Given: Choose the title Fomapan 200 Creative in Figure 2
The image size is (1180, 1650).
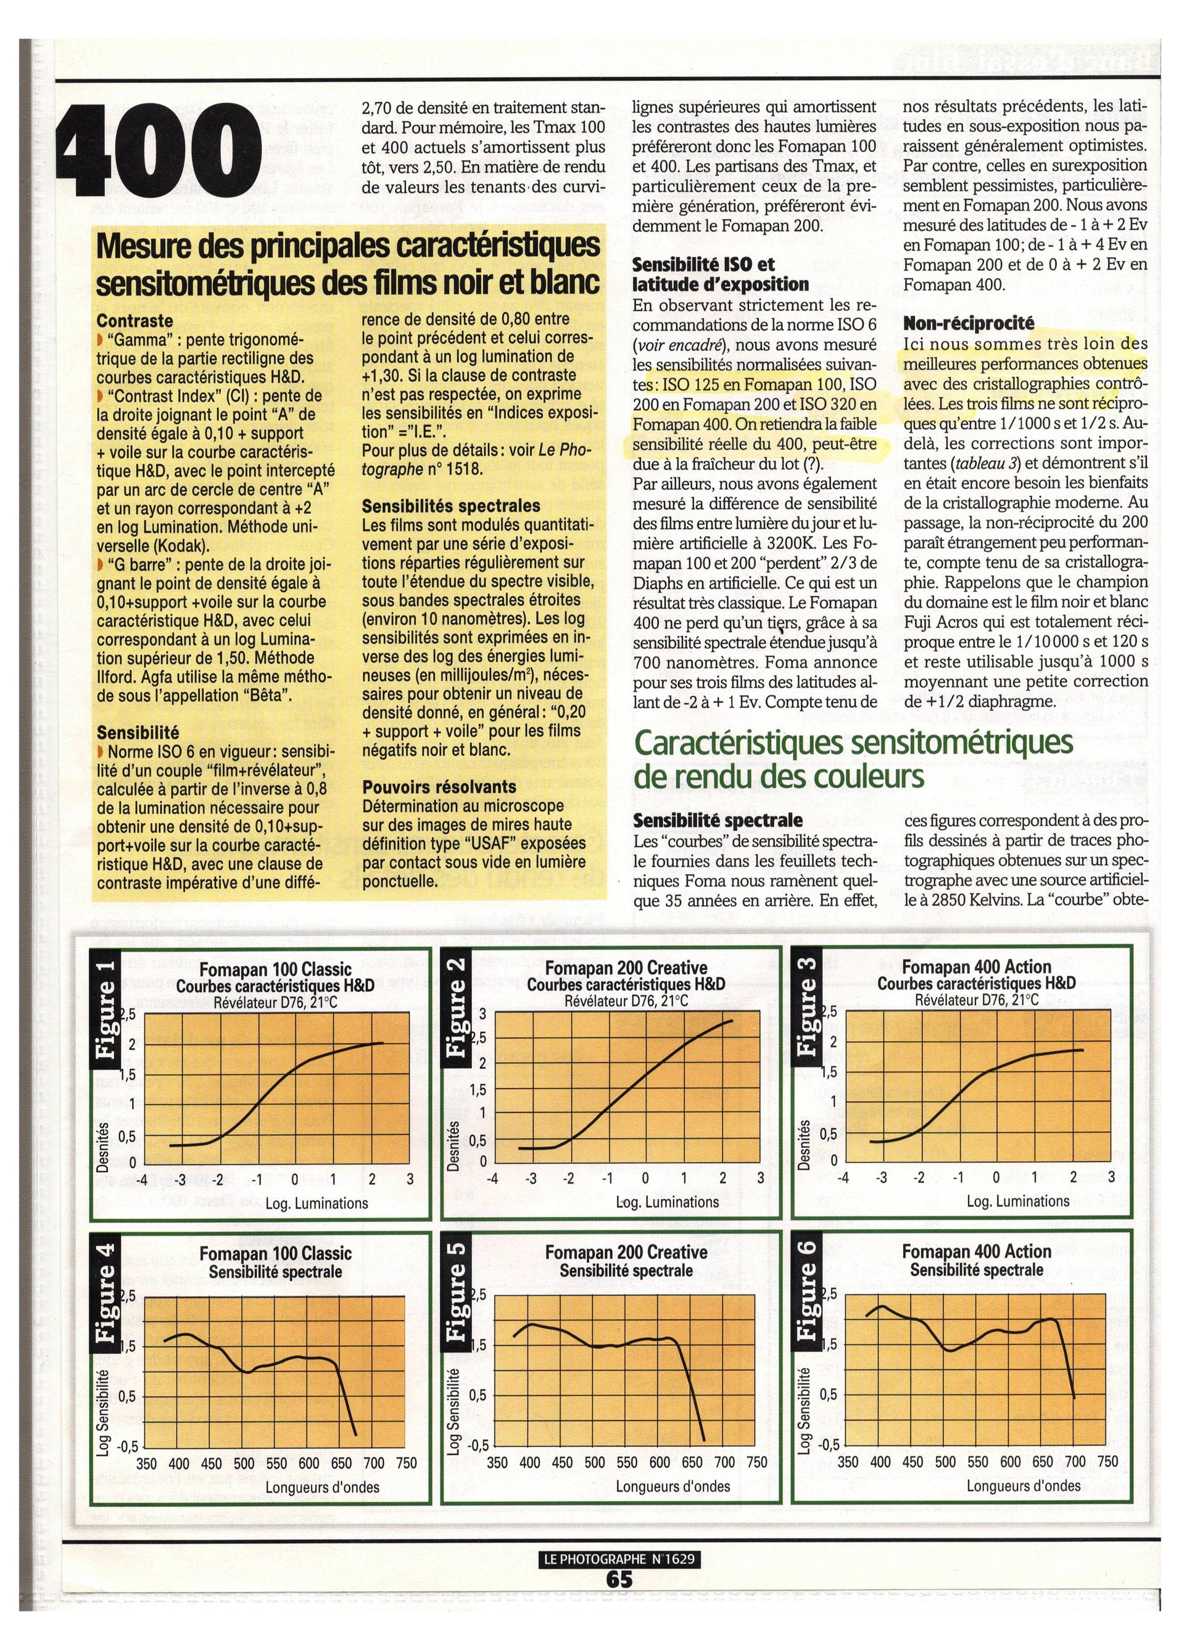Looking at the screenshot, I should click(626, 968).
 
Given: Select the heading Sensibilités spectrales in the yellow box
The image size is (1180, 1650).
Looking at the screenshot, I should click(451, 506).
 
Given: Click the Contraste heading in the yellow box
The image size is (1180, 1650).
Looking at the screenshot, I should click(134, 321).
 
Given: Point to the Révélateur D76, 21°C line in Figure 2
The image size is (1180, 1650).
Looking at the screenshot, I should click(626, 1001).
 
